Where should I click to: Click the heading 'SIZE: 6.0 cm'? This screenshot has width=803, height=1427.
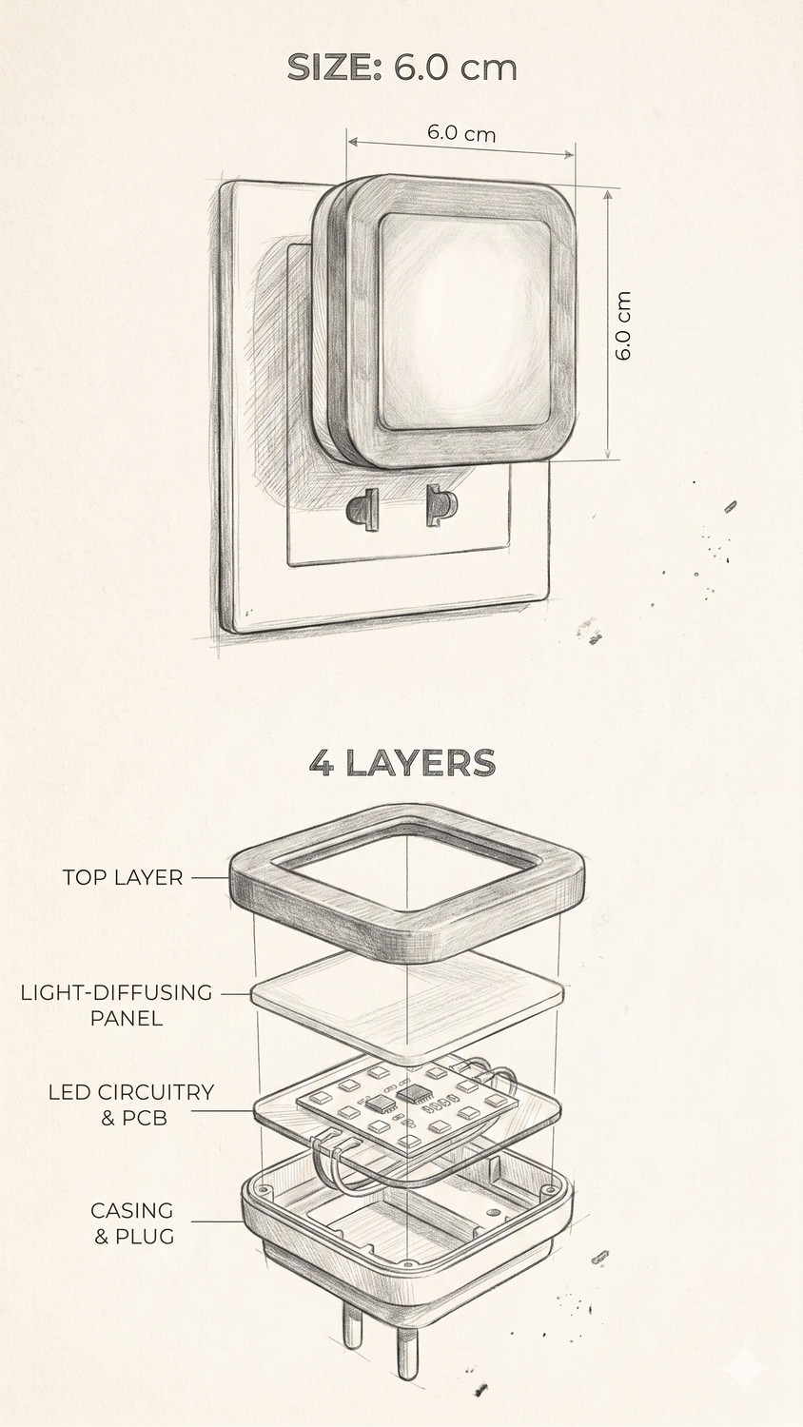pyautogui.click(x=401, y=67)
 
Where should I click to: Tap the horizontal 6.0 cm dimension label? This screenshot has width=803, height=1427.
pyautogui.click(x=461, y=133)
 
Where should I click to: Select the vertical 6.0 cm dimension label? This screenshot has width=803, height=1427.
pyautogui.click(x=622, y=325)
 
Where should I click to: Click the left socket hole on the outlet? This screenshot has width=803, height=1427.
pyautogui.click(x=362, y=509)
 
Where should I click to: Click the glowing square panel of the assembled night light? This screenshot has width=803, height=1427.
pyautogui.click(x=464, y=322)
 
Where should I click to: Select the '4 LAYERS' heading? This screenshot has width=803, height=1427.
pyautogui.click(x=402, y=763)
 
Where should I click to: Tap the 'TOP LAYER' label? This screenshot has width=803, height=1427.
pyautogui.click(x=123, y=877)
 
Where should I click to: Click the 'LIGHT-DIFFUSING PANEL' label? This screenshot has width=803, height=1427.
pyautogui.click(x=117, y=1005)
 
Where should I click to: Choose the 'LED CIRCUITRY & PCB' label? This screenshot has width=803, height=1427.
pyautogui.click(x=131, y=1104)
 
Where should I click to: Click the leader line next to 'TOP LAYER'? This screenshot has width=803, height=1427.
pyautogui.click(x=210, y=877)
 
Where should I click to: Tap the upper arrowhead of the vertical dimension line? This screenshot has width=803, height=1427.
pyautogui.click(x=608, y=195)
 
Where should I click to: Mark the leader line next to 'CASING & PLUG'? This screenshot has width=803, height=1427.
pyautogui.click(x=217, y=1222)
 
